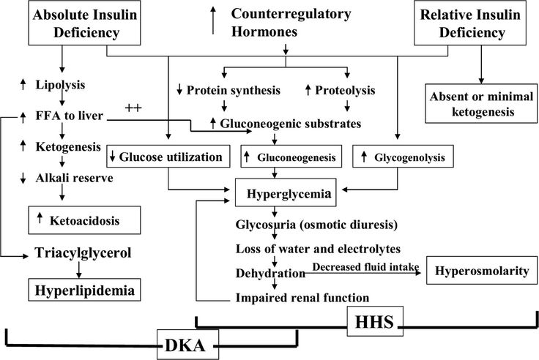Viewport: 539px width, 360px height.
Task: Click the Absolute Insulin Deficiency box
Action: (84, 23)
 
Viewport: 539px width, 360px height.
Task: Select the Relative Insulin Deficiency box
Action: (470, 23)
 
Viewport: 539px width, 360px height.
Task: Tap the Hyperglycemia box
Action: (286, 192)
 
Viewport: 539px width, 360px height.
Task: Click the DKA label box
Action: (187, 345)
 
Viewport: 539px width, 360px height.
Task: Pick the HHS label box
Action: (375, 321)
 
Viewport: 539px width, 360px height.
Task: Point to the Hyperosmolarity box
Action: (482, 270)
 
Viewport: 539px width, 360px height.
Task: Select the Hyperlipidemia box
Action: (84, 290)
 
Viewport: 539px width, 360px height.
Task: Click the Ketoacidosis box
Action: (84, 220)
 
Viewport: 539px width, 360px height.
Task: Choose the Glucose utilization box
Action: (168, 157)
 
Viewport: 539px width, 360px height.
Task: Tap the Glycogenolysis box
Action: (403, 157)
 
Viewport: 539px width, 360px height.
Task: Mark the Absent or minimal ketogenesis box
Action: (481, 103)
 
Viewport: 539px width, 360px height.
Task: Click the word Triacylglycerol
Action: (83, 253)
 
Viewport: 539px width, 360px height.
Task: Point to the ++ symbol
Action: (133, 108)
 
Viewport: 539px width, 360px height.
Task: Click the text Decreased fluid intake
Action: (365, 267)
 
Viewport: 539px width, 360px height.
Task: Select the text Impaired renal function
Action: (302, 298)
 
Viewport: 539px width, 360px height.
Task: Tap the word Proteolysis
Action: (345, 90)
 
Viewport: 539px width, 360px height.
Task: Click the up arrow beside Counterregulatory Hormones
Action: (213, 20)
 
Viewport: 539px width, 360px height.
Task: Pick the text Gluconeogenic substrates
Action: (291, 124)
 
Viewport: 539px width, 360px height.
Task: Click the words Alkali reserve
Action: (74, 178)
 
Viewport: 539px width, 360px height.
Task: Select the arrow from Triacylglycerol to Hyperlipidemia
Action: (78, 270)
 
